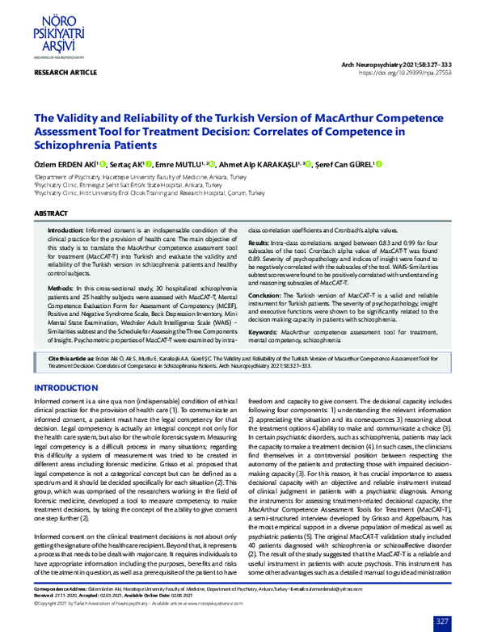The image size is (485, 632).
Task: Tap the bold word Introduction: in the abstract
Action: [65, 230]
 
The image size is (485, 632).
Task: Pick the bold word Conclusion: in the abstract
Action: [265, 295]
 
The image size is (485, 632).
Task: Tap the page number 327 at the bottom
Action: [442, 621]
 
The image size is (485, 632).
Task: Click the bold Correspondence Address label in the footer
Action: [62, 591]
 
